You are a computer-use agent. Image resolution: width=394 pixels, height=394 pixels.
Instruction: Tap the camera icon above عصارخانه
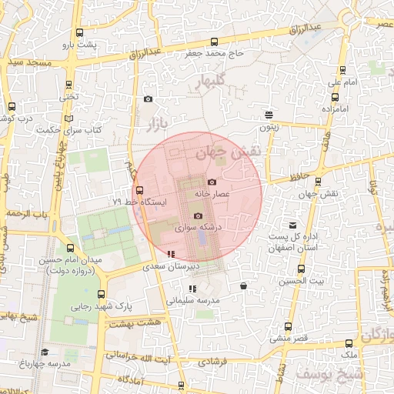pos(212,182)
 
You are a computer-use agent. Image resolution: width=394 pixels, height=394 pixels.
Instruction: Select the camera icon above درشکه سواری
pos(199,216)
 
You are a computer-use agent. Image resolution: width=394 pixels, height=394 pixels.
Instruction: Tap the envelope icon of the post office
pos(291,223)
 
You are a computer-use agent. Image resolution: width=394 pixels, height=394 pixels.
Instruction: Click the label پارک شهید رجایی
pos(102,306)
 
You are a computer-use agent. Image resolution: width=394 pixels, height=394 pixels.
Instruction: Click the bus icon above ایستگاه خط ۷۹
pos(139,189)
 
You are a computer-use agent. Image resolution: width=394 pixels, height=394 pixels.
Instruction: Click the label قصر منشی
pos(288,338)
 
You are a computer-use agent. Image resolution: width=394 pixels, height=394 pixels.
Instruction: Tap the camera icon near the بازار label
pos(148,98)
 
